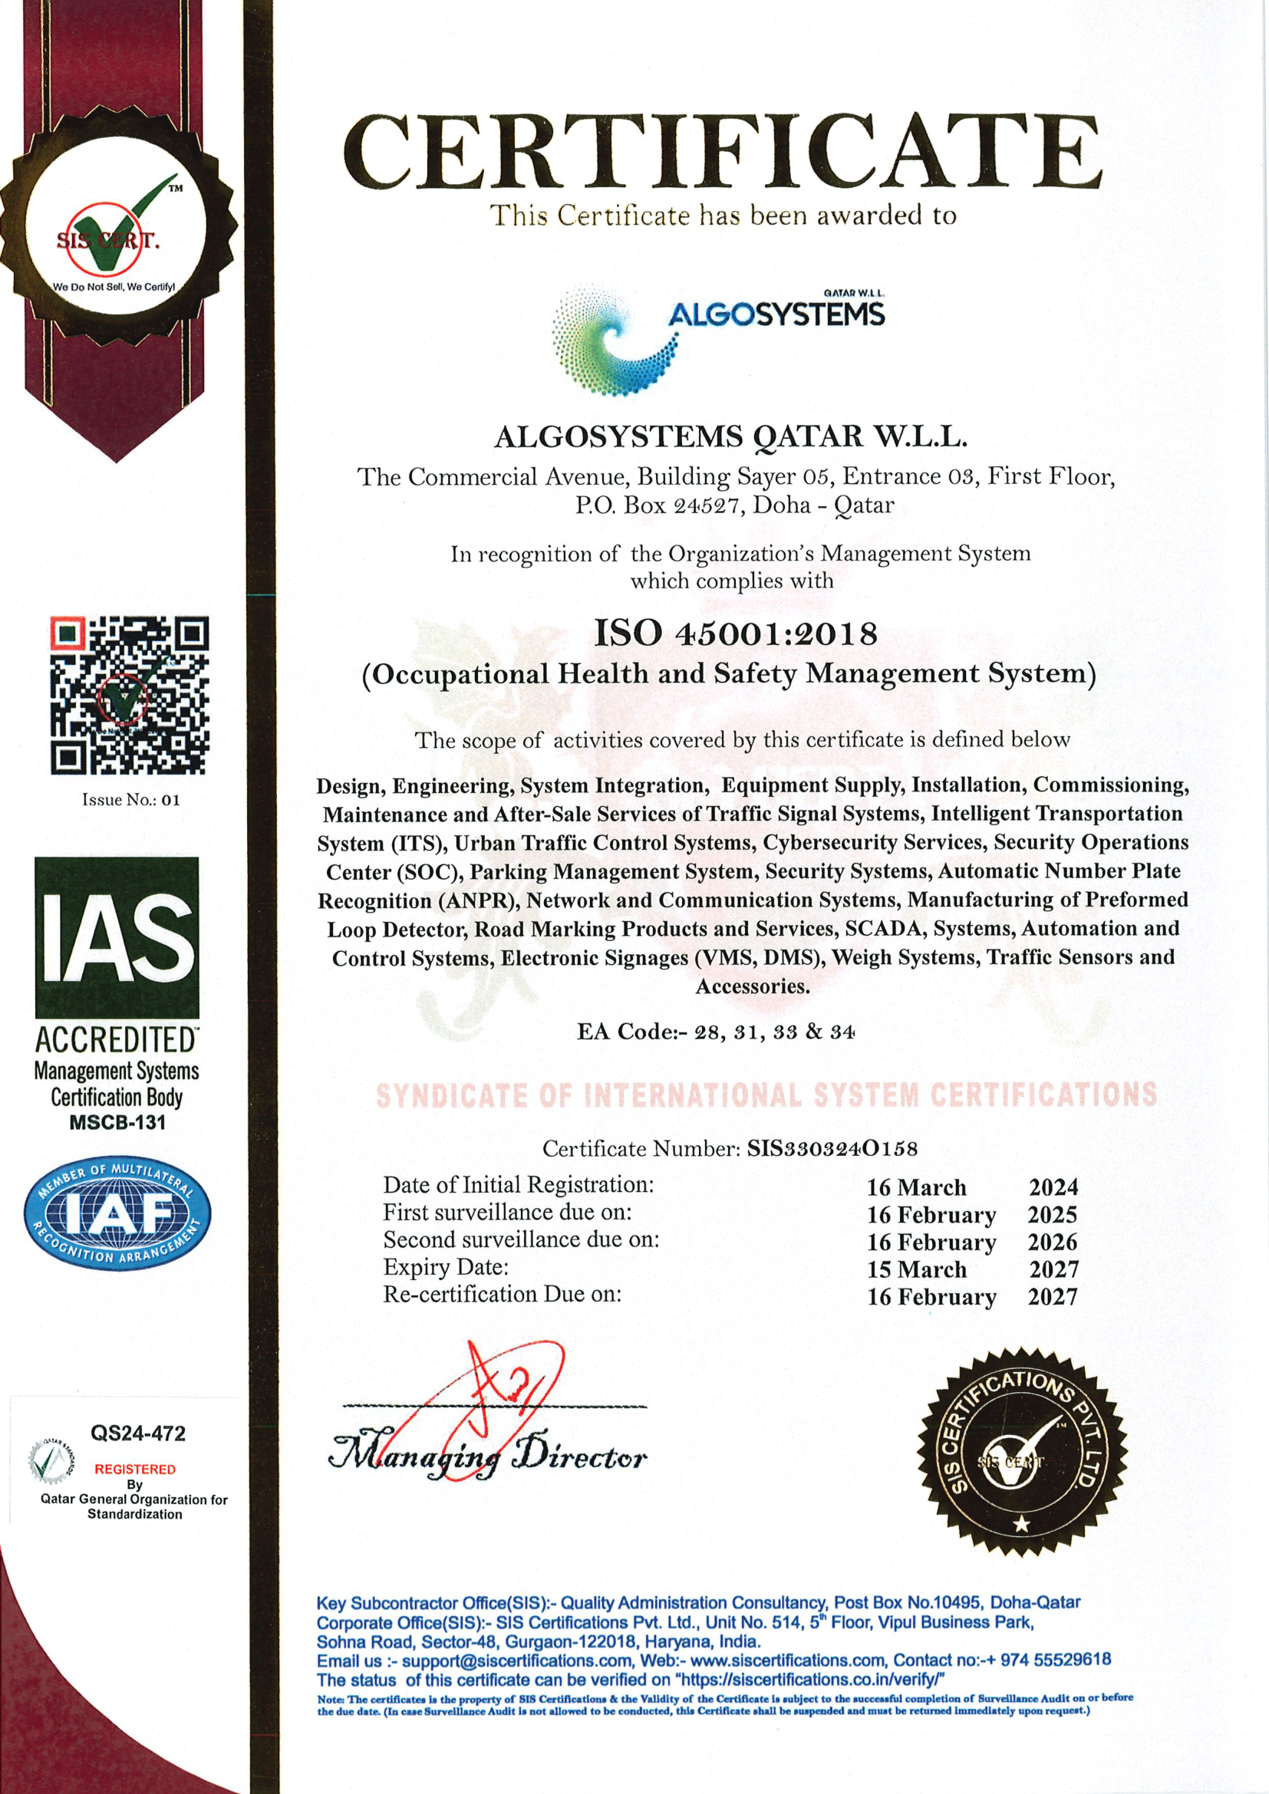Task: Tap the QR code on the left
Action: tap(130, 696)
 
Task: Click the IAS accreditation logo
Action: tap(117, 937)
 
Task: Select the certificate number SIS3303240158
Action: tap(832, 1149)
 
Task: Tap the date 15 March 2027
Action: tap(972, 1269)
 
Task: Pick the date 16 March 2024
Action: tap(972, 1187)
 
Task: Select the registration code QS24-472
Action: tap(138, 1433)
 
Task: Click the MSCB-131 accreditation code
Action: tap(117, 1123)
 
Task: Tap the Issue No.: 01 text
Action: tap(130, 800)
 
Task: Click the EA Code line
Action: tap(716, 1032)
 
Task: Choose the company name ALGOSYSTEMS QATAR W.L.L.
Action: tap(730, 436)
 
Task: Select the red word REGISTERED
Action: tap(135, 1469)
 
